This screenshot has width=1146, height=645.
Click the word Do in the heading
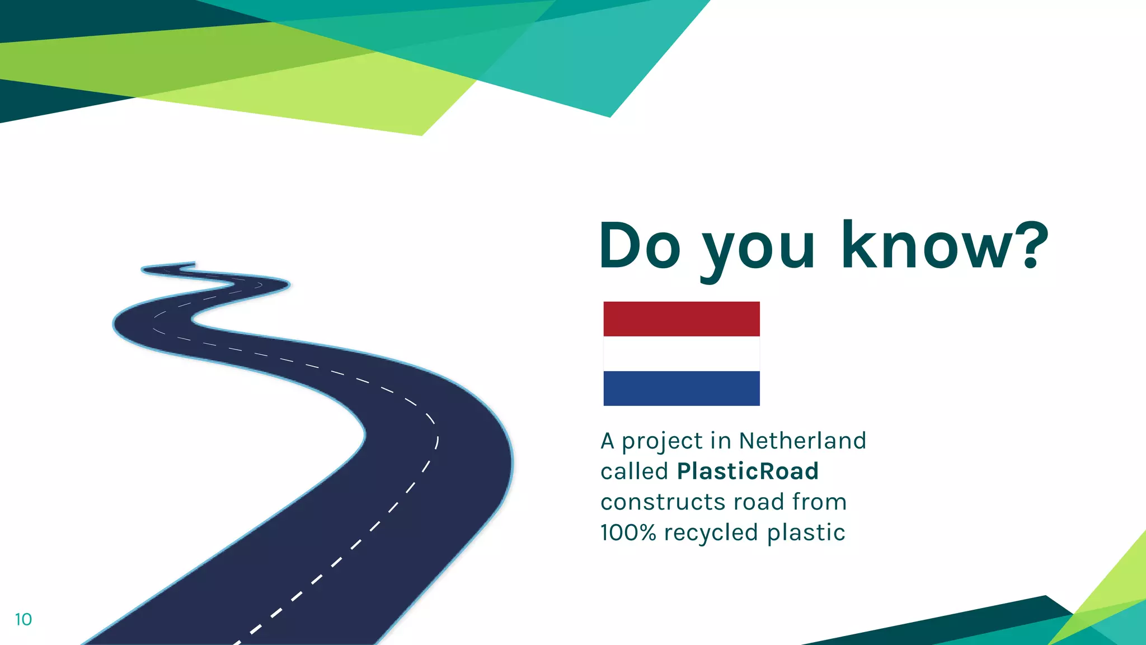click(640, 245)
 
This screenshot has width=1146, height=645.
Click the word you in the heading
click(759, 249)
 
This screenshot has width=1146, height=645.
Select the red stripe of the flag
click(682, 319)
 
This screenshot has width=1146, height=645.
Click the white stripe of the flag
click(682, 353)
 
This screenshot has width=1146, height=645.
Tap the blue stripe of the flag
click(682, 388)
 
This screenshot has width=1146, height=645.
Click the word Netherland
click(802, 441)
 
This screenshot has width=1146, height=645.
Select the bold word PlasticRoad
click(748, 471)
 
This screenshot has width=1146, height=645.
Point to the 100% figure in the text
click(628, 532)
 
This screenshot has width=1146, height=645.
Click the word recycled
click(711, 532)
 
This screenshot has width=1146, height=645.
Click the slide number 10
click(24, 619)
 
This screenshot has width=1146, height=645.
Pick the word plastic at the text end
click(806, 533)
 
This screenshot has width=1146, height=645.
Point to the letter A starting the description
click(608, 441)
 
